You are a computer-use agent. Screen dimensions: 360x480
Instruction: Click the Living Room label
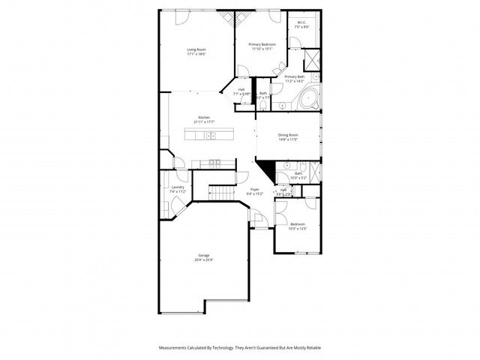[196, 49]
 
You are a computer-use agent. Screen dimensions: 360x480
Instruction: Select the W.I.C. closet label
[301, 22]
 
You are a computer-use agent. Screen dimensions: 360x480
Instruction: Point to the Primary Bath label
[295, 76]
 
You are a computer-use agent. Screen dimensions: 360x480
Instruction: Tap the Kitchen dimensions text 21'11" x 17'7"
[204, 121]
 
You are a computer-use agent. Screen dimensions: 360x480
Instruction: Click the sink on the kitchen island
[211, 136]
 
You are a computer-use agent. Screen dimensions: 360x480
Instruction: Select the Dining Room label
[289, 135]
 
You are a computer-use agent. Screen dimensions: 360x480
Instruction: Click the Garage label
[204, 256]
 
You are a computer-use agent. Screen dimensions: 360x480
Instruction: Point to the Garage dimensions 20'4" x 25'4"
[204, 260]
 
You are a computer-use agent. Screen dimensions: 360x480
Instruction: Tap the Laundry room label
[178, 187]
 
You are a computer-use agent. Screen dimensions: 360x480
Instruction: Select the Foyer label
[255, 189]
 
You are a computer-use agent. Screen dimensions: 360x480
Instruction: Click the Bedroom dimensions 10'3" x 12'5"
[298, 228]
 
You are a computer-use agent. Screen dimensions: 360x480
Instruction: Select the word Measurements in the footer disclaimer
[174, 348]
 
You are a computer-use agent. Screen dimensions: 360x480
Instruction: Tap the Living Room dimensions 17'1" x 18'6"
[196, 54]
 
